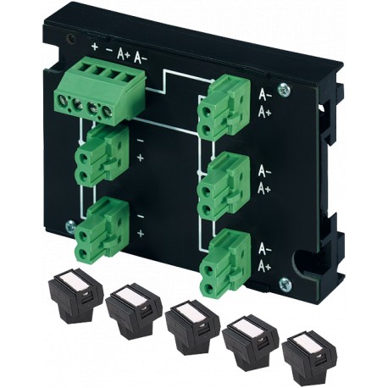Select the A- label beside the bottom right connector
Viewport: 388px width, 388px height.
click(265, 250)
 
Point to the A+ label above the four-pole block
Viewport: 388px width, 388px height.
click(124, 53)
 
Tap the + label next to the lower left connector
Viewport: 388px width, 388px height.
click(140, 232)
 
